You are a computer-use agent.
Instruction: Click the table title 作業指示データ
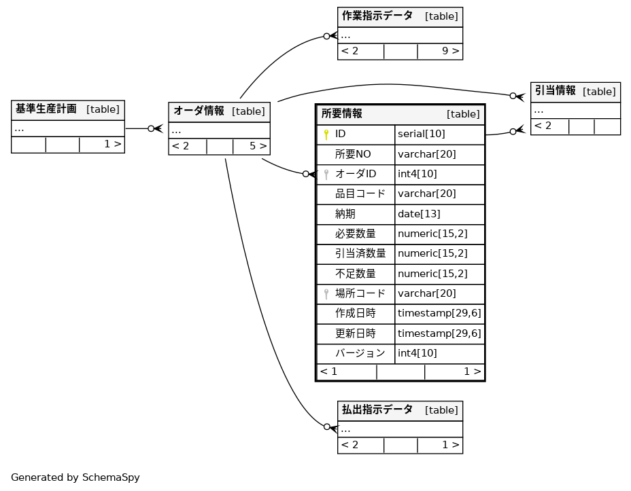(377, 16)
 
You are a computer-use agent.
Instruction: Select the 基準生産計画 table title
(46, 109)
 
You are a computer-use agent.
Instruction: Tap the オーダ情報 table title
(199, 111)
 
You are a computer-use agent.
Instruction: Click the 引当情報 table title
(555, 91)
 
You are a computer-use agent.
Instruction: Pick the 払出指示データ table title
(377, 410)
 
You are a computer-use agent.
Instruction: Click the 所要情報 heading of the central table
(342, 114)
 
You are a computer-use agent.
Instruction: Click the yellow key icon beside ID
(326, 134)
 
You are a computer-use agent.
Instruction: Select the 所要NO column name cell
(353, 154)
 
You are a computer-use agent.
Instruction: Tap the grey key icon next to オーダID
(326, 175)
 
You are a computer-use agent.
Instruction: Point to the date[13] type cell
(419, 214)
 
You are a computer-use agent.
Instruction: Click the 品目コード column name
(360, 194)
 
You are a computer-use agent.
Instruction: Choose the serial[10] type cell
(422, 134)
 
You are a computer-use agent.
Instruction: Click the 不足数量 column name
(356, 274)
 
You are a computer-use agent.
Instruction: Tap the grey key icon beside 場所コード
(326, 293)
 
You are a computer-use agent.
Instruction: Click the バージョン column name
(360, 353)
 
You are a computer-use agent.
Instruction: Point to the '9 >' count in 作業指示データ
(450, 51)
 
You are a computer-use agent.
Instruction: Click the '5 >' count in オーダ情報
(258, 146)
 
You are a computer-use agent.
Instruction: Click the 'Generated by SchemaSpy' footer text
(75, 477)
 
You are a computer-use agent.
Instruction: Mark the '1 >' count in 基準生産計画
(112, 144)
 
